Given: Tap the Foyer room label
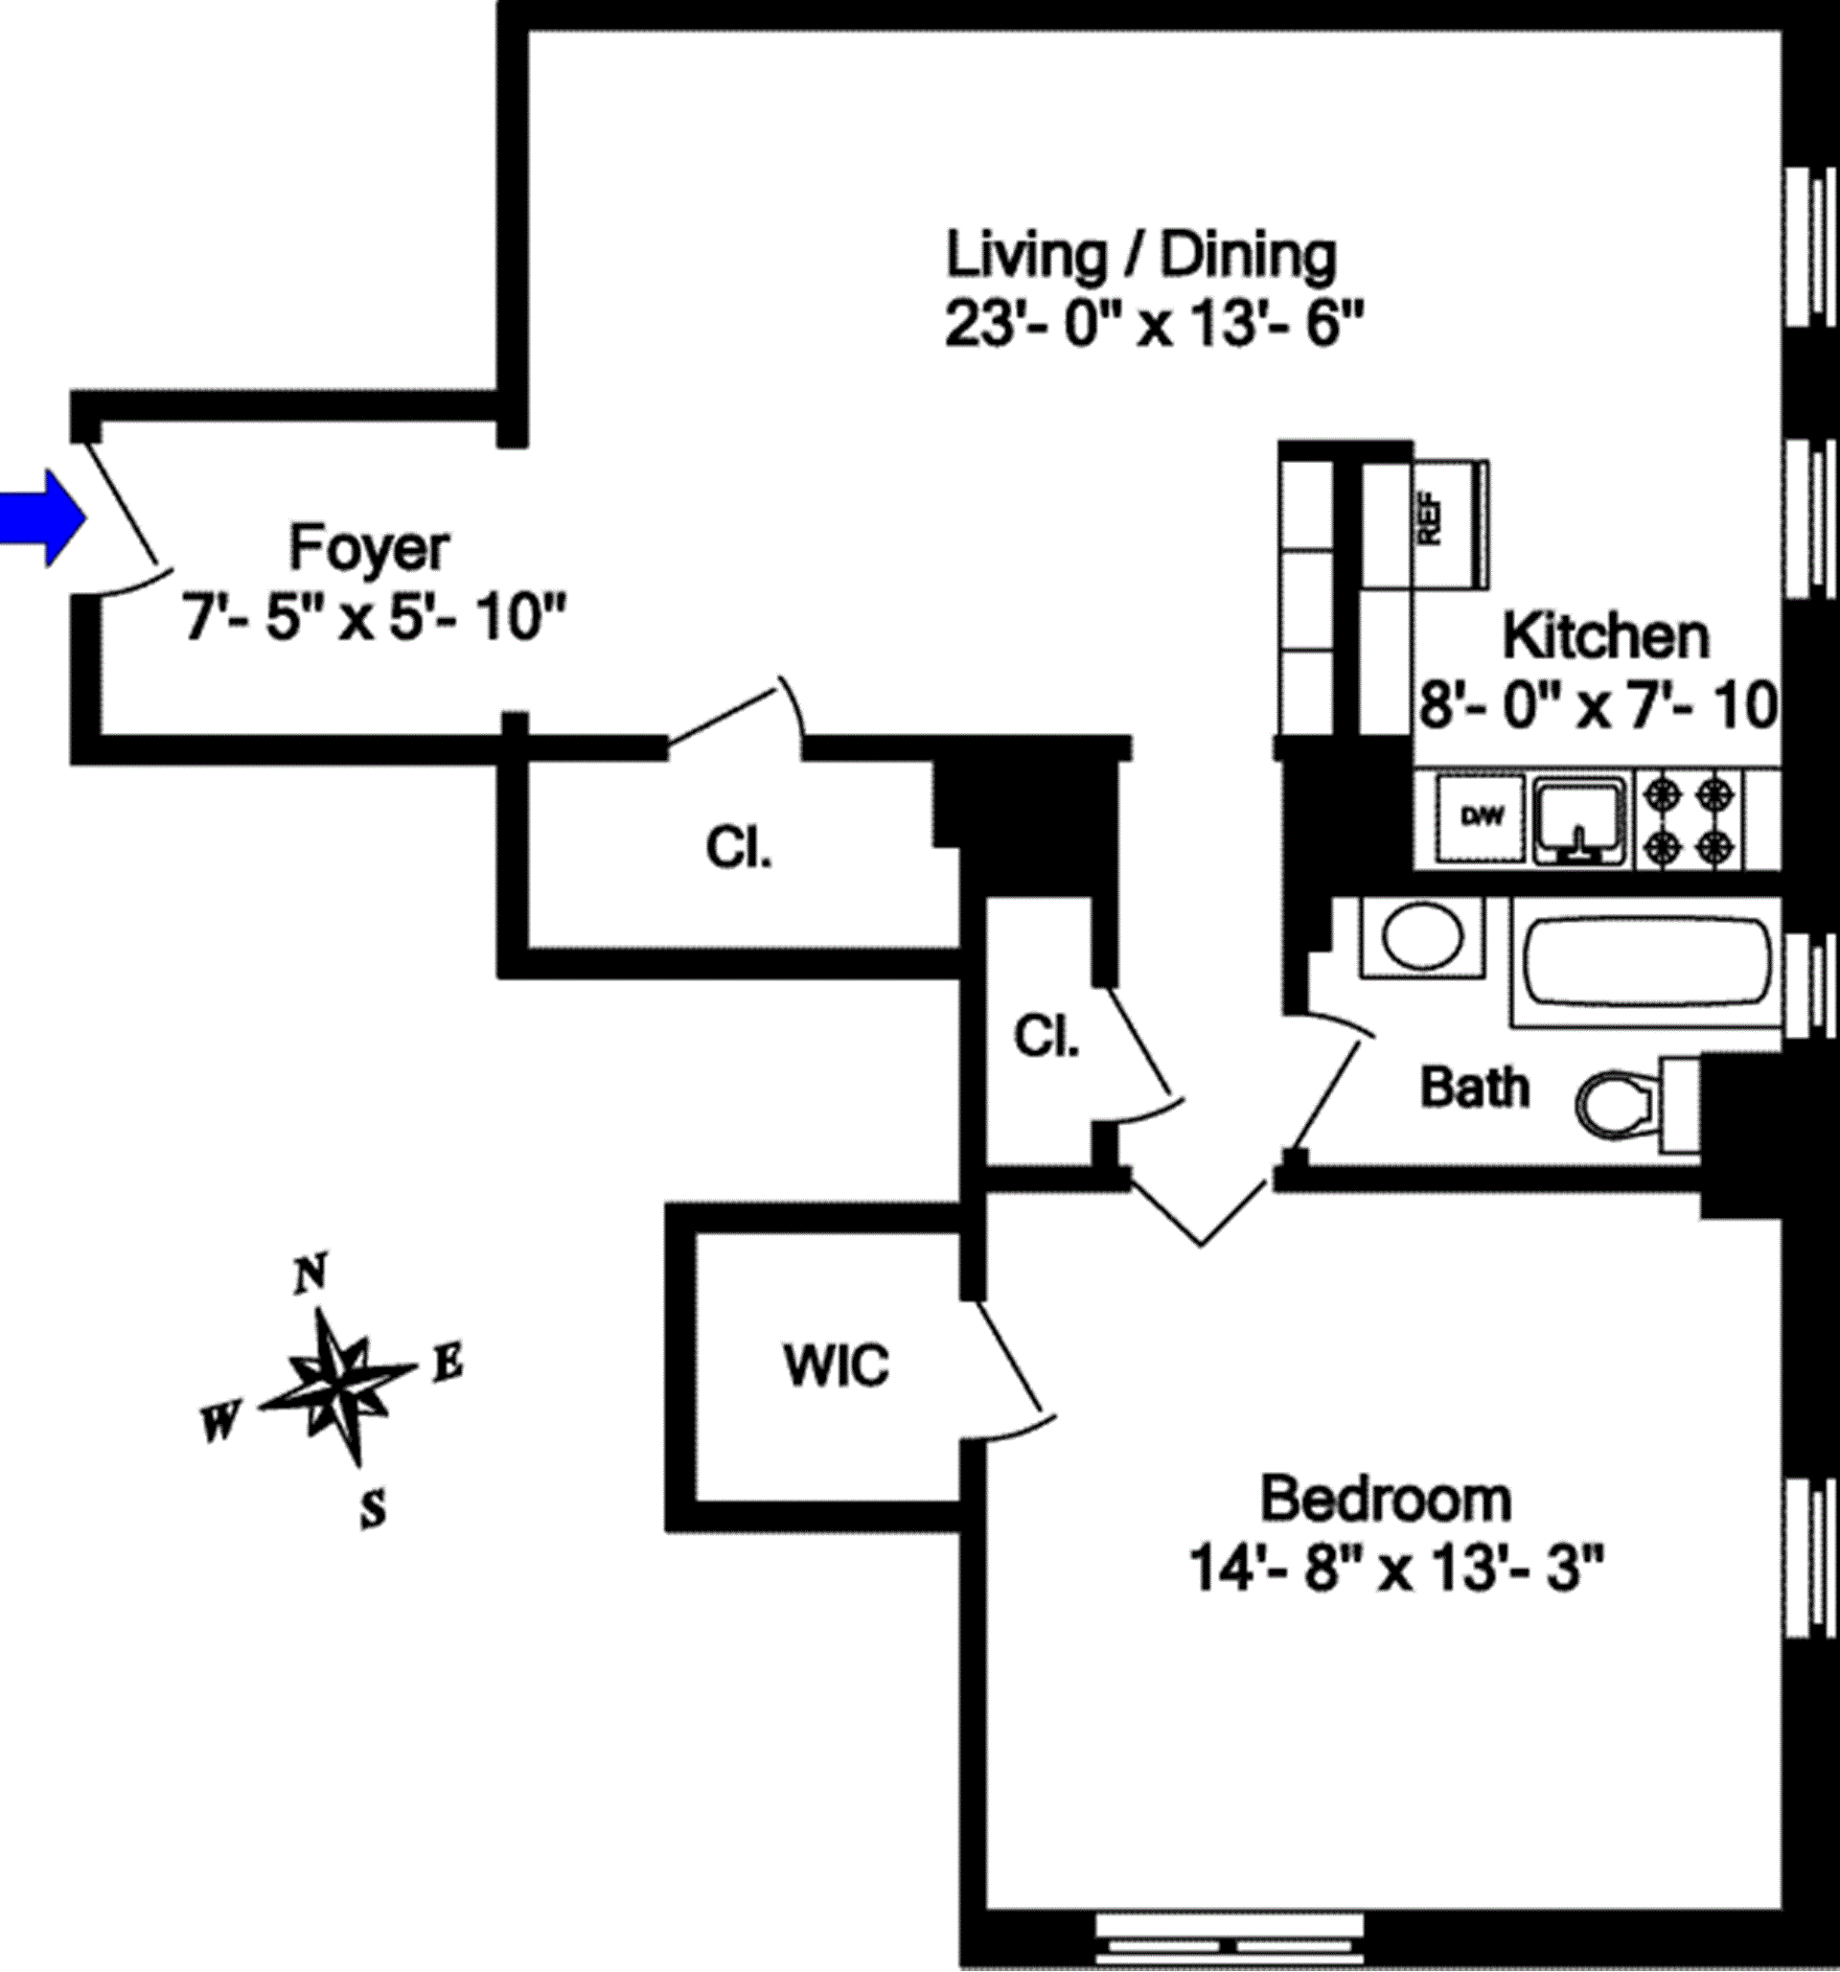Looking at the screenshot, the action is [369, 548].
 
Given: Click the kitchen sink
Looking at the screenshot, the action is [1581, 819].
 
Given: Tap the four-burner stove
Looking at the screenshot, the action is [1690, 819].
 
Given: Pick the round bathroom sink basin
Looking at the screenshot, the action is [1422, 934].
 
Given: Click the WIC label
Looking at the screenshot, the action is [837, 1365].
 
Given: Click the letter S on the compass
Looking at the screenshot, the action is [372, 1510].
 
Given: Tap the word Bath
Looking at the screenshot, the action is [1475, 1088].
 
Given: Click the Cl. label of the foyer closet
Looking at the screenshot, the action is [738, 848].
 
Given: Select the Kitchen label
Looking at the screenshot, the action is [1606, 636].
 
